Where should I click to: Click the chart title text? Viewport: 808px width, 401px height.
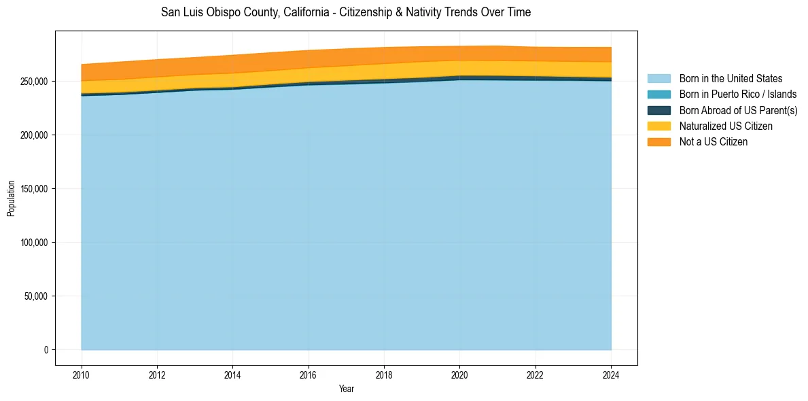(346, 12)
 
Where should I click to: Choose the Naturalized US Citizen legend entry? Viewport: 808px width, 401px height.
(726, 126)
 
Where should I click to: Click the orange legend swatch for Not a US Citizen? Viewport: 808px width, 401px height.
(658, 142)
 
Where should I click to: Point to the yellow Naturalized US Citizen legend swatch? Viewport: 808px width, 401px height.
(658, 126)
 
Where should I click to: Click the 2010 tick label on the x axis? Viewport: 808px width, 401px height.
(82, 374)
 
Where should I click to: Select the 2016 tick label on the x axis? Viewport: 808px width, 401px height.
(309, 374)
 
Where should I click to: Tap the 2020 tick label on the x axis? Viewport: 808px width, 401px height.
(460, 374)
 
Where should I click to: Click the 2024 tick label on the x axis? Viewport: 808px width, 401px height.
(611, 374)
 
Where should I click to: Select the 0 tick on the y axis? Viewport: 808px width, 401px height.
(46, 350)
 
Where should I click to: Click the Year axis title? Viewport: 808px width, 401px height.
(346, 389)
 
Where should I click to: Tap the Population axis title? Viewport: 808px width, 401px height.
(11, 198)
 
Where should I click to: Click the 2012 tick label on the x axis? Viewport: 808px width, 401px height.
(157, 374)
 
